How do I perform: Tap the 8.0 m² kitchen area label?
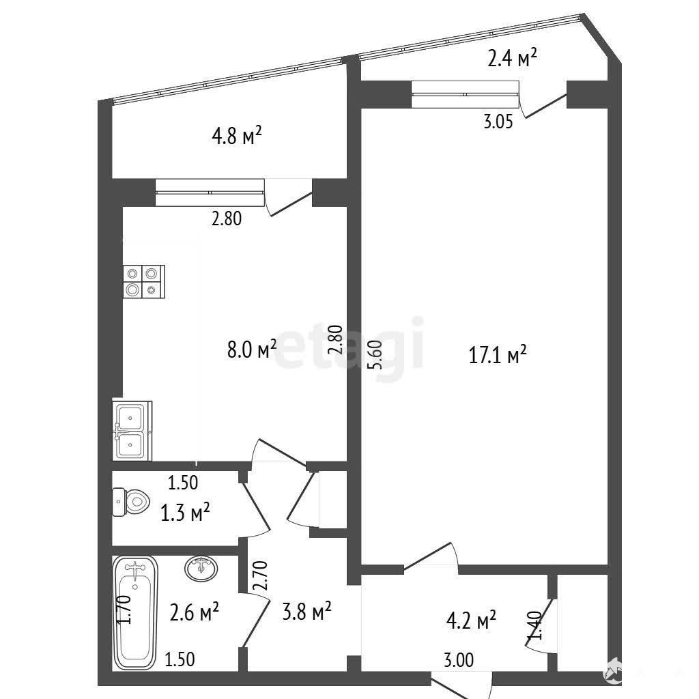(251, 349)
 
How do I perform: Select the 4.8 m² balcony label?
(236, 135)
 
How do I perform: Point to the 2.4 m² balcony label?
(512, 57)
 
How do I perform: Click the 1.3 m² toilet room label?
(185, 512)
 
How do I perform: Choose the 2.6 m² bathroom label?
(194, 612)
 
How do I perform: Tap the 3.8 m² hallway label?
(306, 611)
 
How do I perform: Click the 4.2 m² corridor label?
(471, 620)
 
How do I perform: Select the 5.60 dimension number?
(375, 355)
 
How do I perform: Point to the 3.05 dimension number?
(498, 122)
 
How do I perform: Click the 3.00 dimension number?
(459, 659)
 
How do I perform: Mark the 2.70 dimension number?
(260, 576)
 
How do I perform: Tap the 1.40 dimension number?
(534, 626)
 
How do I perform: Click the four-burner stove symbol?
(144, 281)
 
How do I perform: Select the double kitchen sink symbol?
(132, 431)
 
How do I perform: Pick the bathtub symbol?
(135, 612)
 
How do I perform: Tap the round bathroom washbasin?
(201, 569)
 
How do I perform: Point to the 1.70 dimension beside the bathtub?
(125, 610)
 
